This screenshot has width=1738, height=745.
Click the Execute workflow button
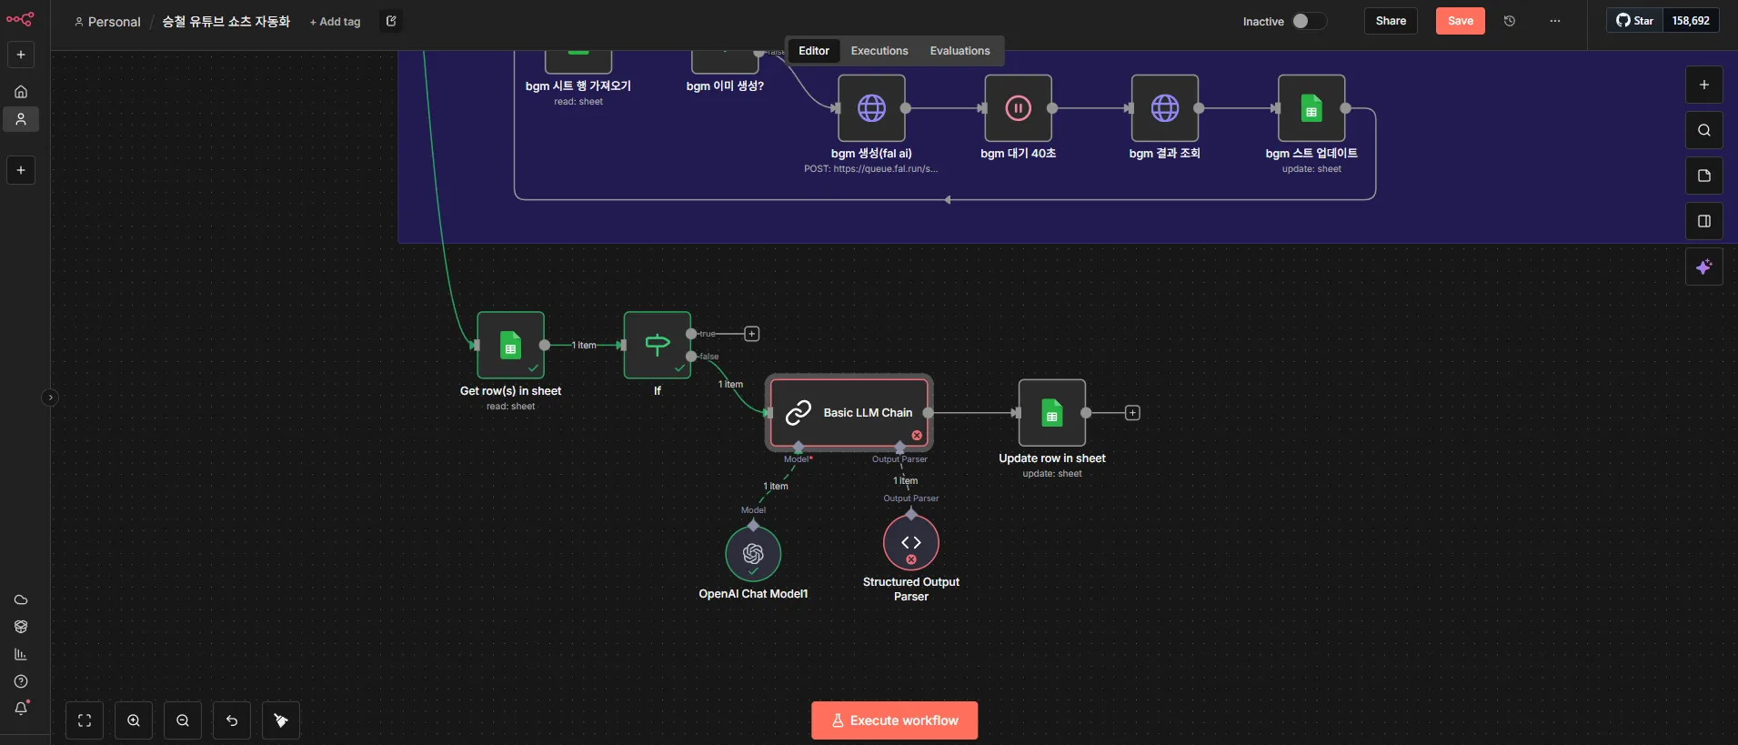pyautogui.click(x=894, y=720)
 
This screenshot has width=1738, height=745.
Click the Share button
pyautogui.click(x=1390, y=21)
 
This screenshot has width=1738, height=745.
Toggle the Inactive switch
pyautogui.click(x=1308, y=21)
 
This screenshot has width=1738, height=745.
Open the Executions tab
pyautogui.click(x=879, y=51)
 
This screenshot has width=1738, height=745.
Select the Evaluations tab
pyautogui.click(x=959, y=51)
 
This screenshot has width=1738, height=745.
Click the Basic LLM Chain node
pyautogui.click(x=849, y=412)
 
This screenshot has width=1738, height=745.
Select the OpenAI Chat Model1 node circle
pyautogui.click(x=753, y=553)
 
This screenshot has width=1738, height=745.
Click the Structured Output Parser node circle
pyautogui.click(x=910, y=542)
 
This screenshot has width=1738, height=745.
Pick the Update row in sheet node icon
pyautogui.click(x=1051, y=413)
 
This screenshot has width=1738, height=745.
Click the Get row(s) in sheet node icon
pyautogui.click(x=510, y=346)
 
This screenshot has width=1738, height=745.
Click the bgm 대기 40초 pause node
pyautogui.click(x=1018, y=108)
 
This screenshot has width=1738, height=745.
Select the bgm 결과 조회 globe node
pyautogui.click(x=1164, y=108)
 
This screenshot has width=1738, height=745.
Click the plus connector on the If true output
pyautogui.click(x=752, y=334)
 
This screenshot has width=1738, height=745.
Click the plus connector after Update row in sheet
pyautogui.click(x=1132, y=413)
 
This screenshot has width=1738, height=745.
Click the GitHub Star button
pyautogui.click(x=1635, y=21)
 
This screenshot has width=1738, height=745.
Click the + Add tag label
pyautogui.click(x=336, y=22)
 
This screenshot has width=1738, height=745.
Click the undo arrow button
pyautogui.click(x=232, y=720)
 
